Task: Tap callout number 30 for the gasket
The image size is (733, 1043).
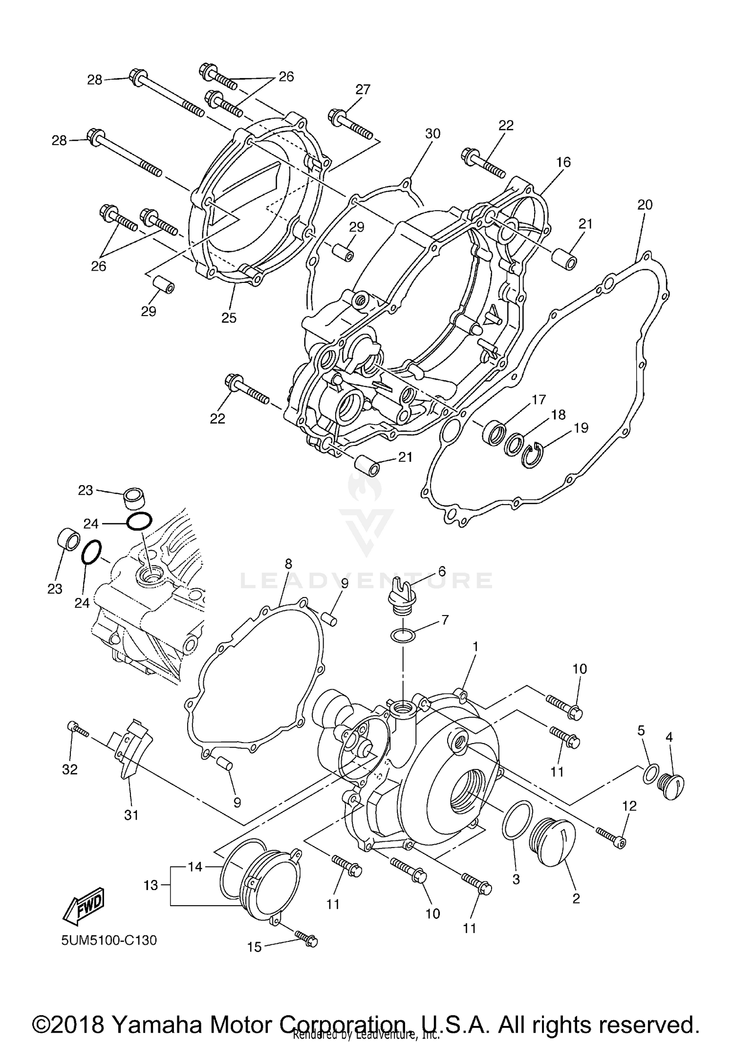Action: click(432, 133)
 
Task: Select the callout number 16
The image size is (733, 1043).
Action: click(563, 162)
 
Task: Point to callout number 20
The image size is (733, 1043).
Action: click(645, 205)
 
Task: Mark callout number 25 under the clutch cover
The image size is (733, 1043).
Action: click(229, 318)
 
